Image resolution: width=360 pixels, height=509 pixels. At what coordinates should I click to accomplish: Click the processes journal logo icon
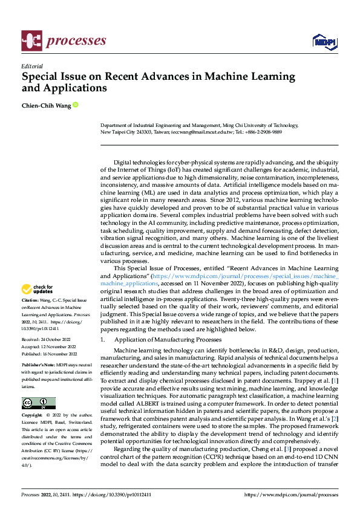(x=31, y=41)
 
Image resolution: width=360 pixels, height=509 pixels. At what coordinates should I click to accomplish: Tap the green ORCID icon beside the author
(x=76, y=105)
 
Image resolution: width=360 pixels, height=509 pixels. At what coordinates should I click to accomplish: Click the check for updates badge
(x=38, y=290)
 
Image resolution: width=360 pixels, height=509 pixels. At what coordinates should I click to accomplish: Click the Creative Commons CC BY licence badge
(x=38, y=403)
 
